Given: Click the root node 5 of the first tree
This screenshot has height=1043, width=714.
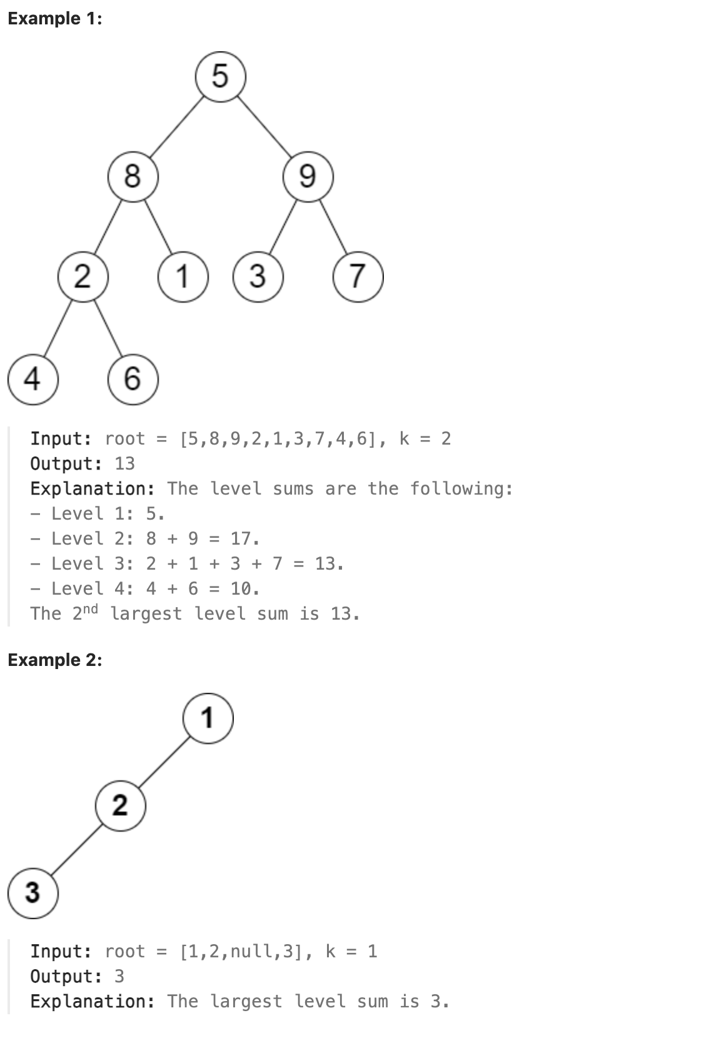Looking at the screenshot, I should [x=220, y=77].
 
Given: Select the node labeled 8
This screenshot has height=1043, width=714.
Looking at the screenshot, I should [x=133, y=176].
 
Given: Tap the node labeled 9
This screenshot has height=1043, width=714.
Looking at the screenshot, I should [x=308, y=176].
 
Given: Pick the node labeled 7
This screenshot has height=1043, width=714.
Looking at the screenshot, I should [x=358, y=276].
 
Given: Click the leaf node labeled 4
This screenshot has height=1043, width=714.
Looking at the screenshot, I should [x=33, y=378].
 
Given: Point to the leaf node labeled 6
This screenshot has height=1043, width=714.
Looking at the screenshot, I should [x=133, y=378].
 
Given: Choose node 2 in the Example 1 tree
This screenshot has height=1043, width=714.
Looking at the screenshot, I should [x=83, y=276].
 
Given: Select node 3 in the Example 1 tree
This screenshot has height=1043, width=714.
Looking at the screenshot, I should [x=258, y=276].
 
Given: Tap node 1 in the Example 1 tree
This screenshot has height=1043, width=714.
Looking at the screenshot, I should [x=183, y=276].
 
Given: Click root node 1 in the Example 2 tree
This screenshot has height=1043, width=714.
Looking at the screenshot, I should [x=208, y=717].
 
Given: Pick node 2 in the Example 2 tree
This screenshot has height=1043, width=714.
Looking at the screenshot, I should [x=120, y=805].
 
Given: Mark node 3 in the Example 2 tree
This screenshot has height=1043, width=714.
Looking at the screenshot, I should [x=33, y=892].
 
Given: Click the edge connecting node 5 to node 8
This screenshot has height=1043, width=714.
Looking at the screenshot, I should [x=177, y=126].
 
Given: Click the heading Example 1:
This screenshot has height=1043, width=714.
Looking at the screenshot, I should [x=55, y=19].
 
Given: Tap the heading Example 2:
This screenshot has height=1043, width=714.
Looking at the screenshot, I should [x=55, y=660].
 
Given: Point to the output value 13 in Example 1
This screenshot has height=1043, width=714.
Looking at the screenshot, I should [x=124, y=464].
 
